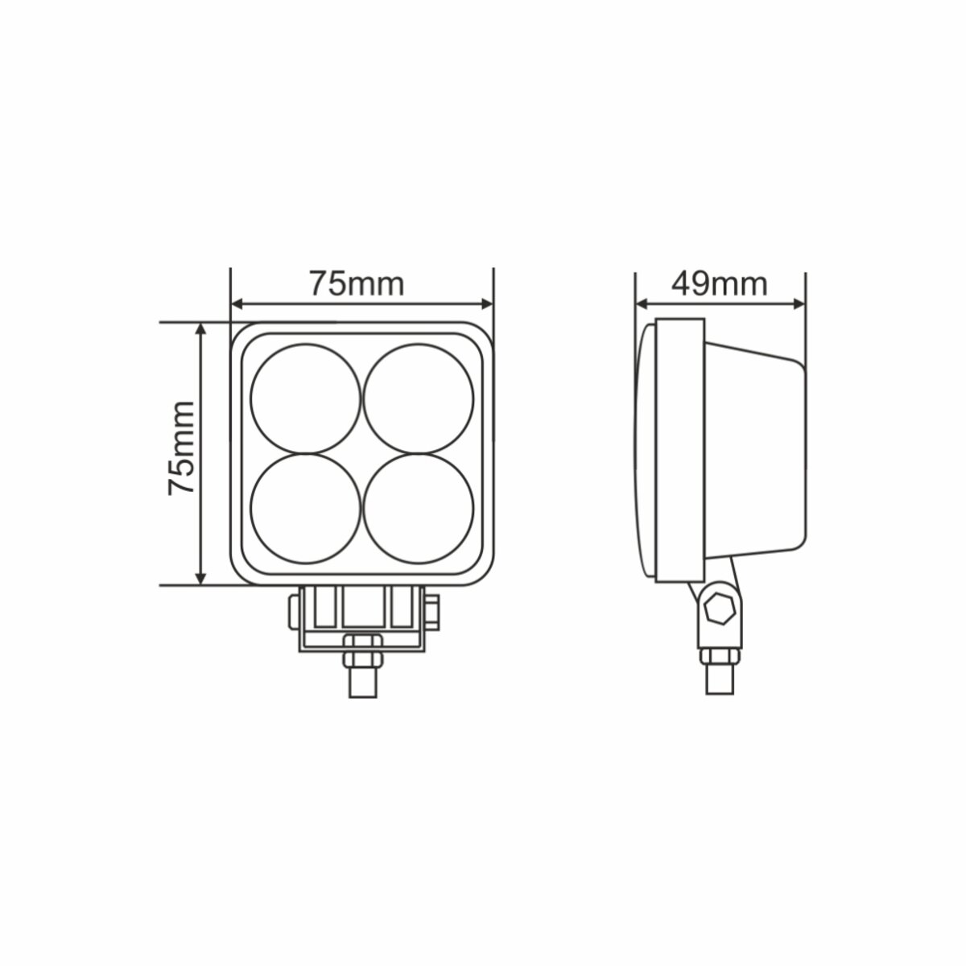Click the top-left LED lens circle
pos(306,399)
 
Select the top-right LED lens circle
pos(418,399)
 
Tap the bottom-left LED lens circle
pos(306,509)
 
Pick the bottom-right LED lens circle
pos(418,509)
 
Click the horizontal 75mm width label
pos(356,283)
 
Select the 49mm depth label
pos(719,283)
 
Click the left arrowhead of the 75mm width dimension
pos(237,304)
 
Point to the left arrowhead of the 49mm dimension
pos(642,304)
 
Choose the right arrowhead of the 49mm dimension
pos(799,304)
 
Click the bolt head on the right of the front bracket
pos(433,612)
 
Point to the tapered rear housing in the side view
pos(757,451)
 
